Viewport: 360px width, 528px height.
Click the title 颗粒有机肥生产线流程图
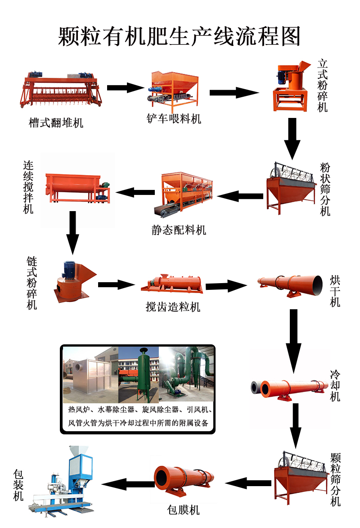179,36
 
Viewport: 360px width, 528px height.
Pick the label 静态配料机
179,230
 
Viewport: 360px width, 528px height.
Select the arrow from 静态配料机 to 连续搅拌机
135,193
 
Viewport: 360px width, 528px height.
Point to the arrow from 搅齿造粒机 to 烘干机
226,285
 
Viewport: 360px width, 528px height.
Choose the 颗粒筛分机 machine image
299,478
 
